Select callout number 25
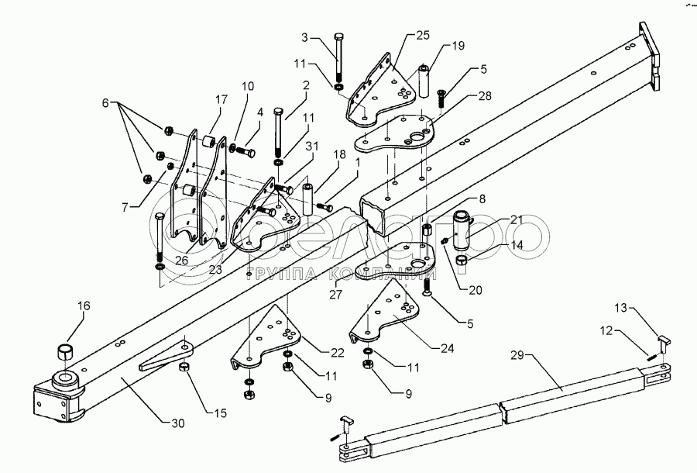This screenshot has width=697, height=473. (x=422, y=36)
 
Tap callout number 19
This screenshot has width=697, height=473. (x=458, y=46)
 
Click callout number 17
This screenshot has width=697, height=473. (x=221, y=98)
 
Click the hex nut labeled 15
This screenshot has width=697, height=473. (x=186, y=368)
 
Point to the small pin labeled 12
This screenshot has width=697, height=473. (x=651, y=356)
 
